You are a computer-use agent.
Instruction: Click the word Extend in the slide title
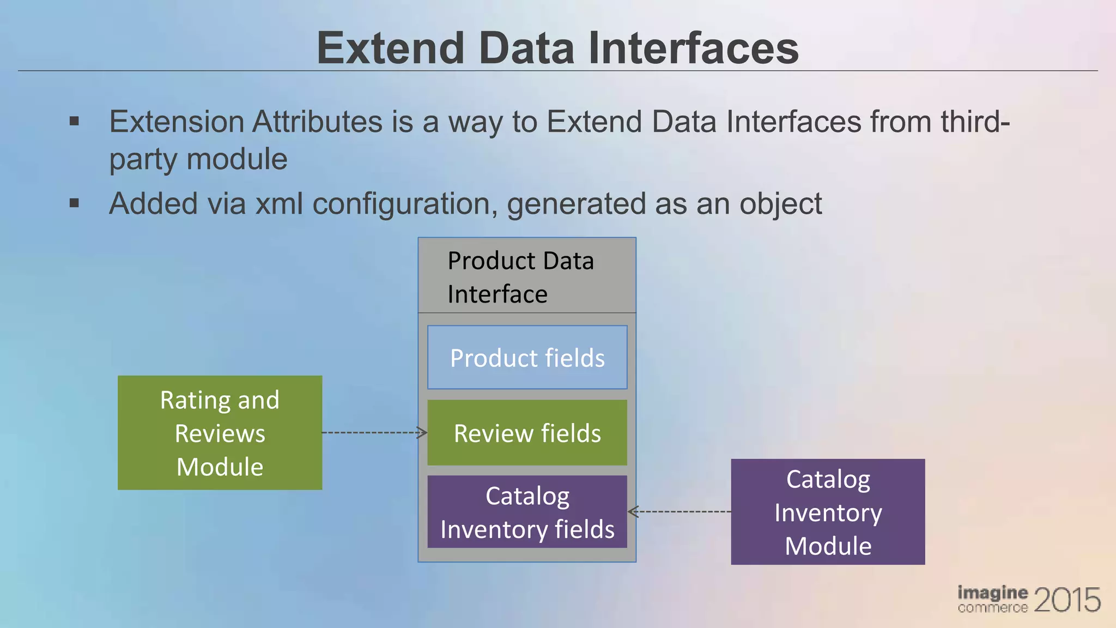click(x=390, y=48)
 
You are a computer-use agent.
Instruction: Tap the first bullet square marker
click(x=75, y=122)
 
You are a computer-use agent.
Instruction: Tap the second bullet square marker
click(x=75, y=204)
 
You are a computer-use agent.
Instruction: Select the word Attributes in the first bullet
click(x=317, y=122)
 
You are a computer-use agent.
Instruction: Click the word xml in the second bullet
click(x=279, y=204)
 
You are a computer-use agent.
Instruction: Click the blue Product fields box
click(x=527, y=358)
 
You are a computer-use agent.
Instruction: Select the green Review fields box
click(x=527, y=433)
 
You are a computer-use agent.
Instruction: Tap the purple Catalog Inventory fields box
click(x=527, y=512)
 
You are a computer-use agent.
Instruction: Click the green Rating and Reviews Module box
click(x=220, y=433)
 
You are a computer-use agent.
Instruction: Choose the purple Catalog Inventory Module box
click(x=828, y=512)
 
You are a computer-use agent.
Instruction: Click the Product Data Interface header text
click(x=520, y=277)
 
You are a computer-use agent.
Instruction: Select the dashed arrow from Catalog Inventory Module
click(x=679, y=511)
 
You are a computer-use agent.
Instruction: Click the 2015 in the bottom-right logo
click(x=1066, y=600)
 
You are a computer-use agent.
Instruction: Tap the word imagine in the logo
click(x=992, y=593)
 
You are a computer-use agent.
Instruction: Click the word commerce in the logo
click(x=992, y=607)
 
